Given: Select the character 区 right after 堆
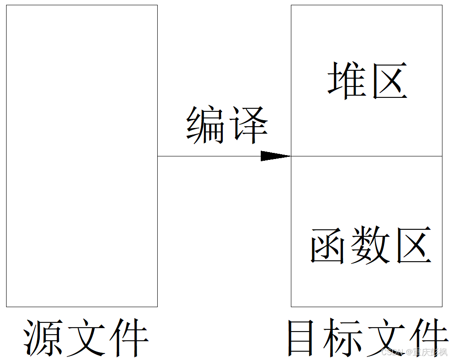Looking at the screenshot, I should [390, 81].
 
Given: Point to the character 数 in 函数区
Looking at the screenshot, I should [370, 245].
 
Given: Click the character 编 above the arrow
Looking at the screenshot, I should [205, 125].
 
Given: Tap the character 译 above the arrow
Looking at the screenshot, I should [248, 125].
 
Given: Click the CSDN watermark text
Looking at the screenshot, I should [414, 352].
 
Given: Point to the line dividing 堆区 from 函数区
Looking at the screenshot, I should [367, 156].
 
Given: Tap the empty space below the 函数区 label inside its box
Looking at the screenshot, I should [367, 286].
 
